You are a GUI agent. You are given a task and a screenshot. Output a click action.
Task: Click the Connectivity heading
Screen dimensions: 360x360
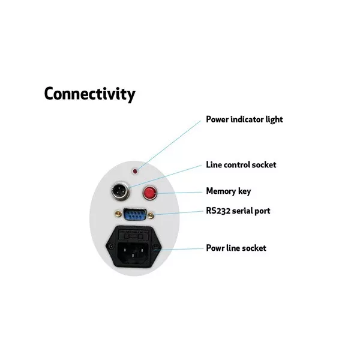(89, 94)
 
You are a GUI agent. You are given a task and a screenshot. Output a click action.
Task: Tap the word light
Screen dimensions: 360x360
(274, 120)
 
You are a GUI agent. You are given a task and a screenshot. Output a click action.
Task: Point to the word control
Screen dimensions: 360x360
(236, 165)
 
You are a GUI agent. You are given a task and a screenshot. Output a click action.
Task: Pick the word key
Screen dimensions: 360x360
(244, 192)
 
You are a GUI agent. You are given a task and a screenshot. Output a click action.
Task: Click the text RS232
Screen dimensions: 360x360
(218, 211)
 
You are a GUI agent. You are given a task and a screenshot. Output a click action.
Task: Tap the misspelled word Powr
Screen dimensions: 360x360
(215, 248)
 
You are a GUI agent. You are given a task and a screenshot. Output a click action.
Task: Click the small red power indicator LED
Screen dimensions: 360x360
(135, 171)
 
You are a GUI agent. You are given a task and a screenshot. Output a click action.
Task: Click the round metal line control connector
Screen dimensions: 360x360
(121, 191)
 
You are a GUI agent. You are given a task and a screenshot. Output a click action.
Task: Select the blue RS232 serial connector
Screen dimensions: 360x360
(135, 214)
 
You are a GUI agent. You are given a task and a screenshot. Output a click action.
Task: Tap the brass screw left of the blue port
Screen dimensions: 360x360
(118, 214)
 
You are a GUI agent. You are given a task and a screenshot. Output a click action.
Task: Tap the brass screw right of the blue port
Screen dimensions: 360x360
(151, 215)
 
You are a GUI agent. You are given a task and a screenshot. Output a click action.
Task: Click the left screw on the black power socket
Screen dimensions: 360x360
(111, 246)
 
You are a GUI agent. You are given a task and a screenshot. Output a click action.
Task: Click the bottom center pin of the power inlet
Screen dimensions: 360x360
(133, 256)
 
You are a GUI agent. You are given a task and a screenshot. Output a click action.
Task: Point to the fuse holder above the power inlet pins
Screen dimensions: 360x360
(133, 236)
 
